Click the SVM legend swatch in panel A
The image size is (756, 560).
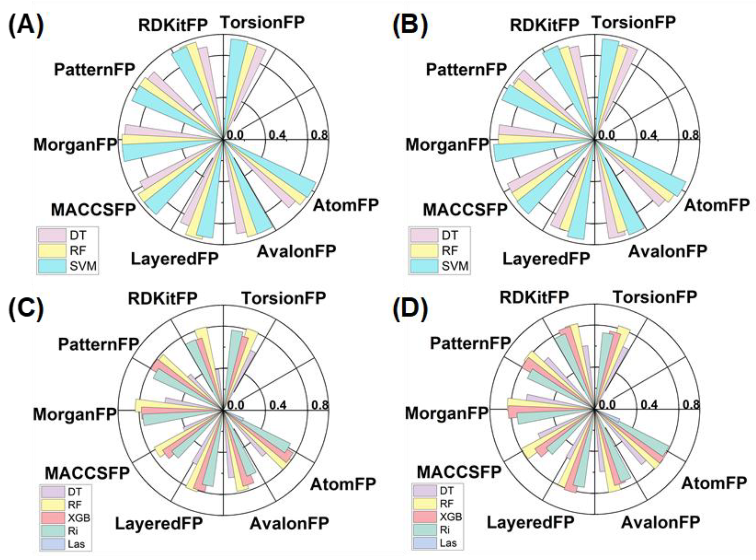[52, 266]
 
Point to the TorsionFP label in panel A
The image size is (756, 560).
[263, 22]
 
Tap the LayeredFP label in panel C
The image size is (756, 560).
[159, 523]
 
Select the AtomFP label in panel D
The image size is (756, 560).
[714, 483]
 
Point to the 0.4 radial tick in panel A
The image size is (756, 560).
[277, 135]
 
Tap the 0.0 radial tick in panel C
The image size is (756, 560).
[236, 405]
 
